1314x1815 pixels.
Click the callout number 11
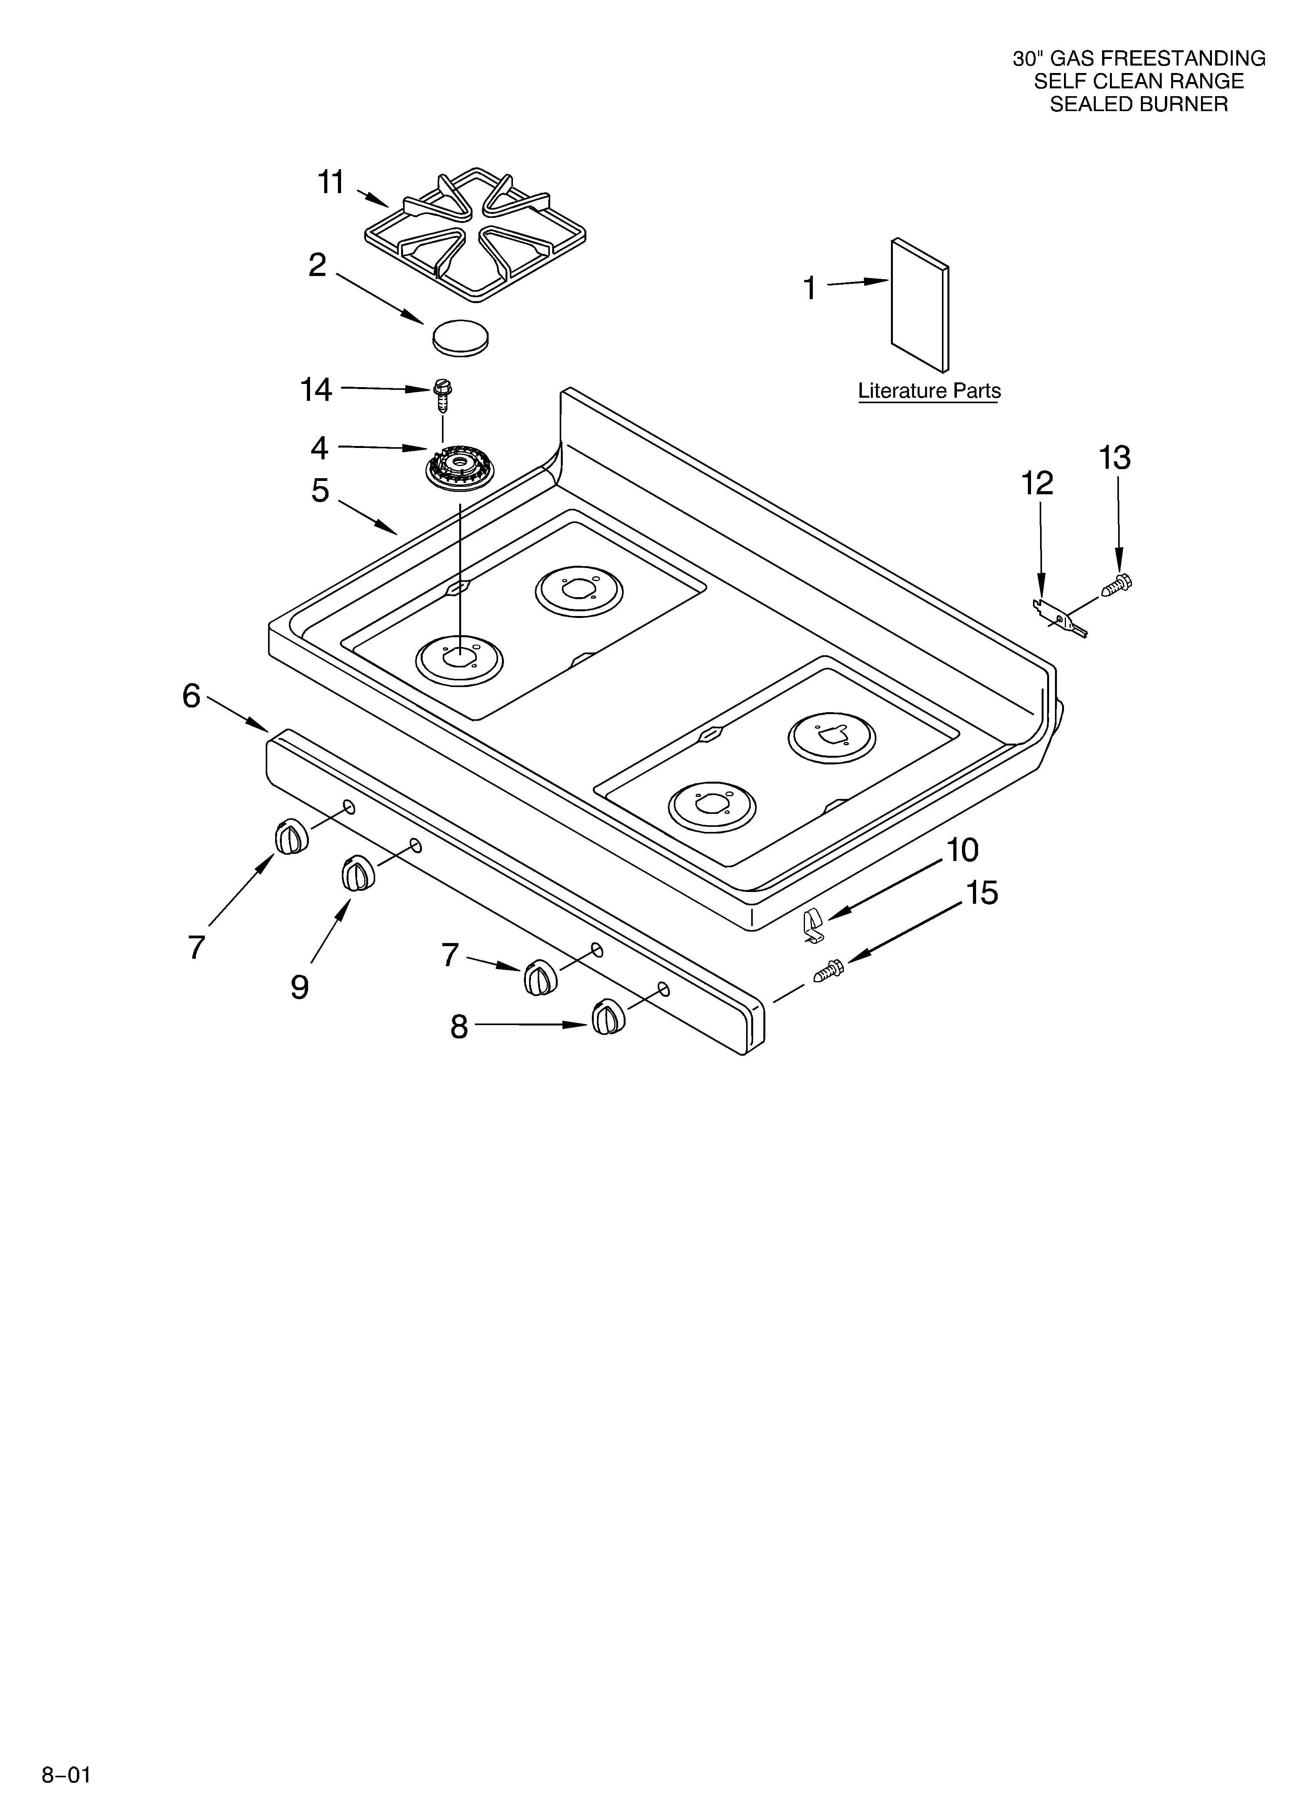331,183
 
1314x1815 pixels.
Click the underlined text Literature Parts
929,391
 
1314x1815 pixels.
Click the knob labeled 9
358,873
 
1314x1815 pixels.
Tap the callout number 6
191,696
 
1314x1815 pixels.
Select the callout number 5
320,491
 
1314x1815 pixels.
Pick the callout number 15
982,893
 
